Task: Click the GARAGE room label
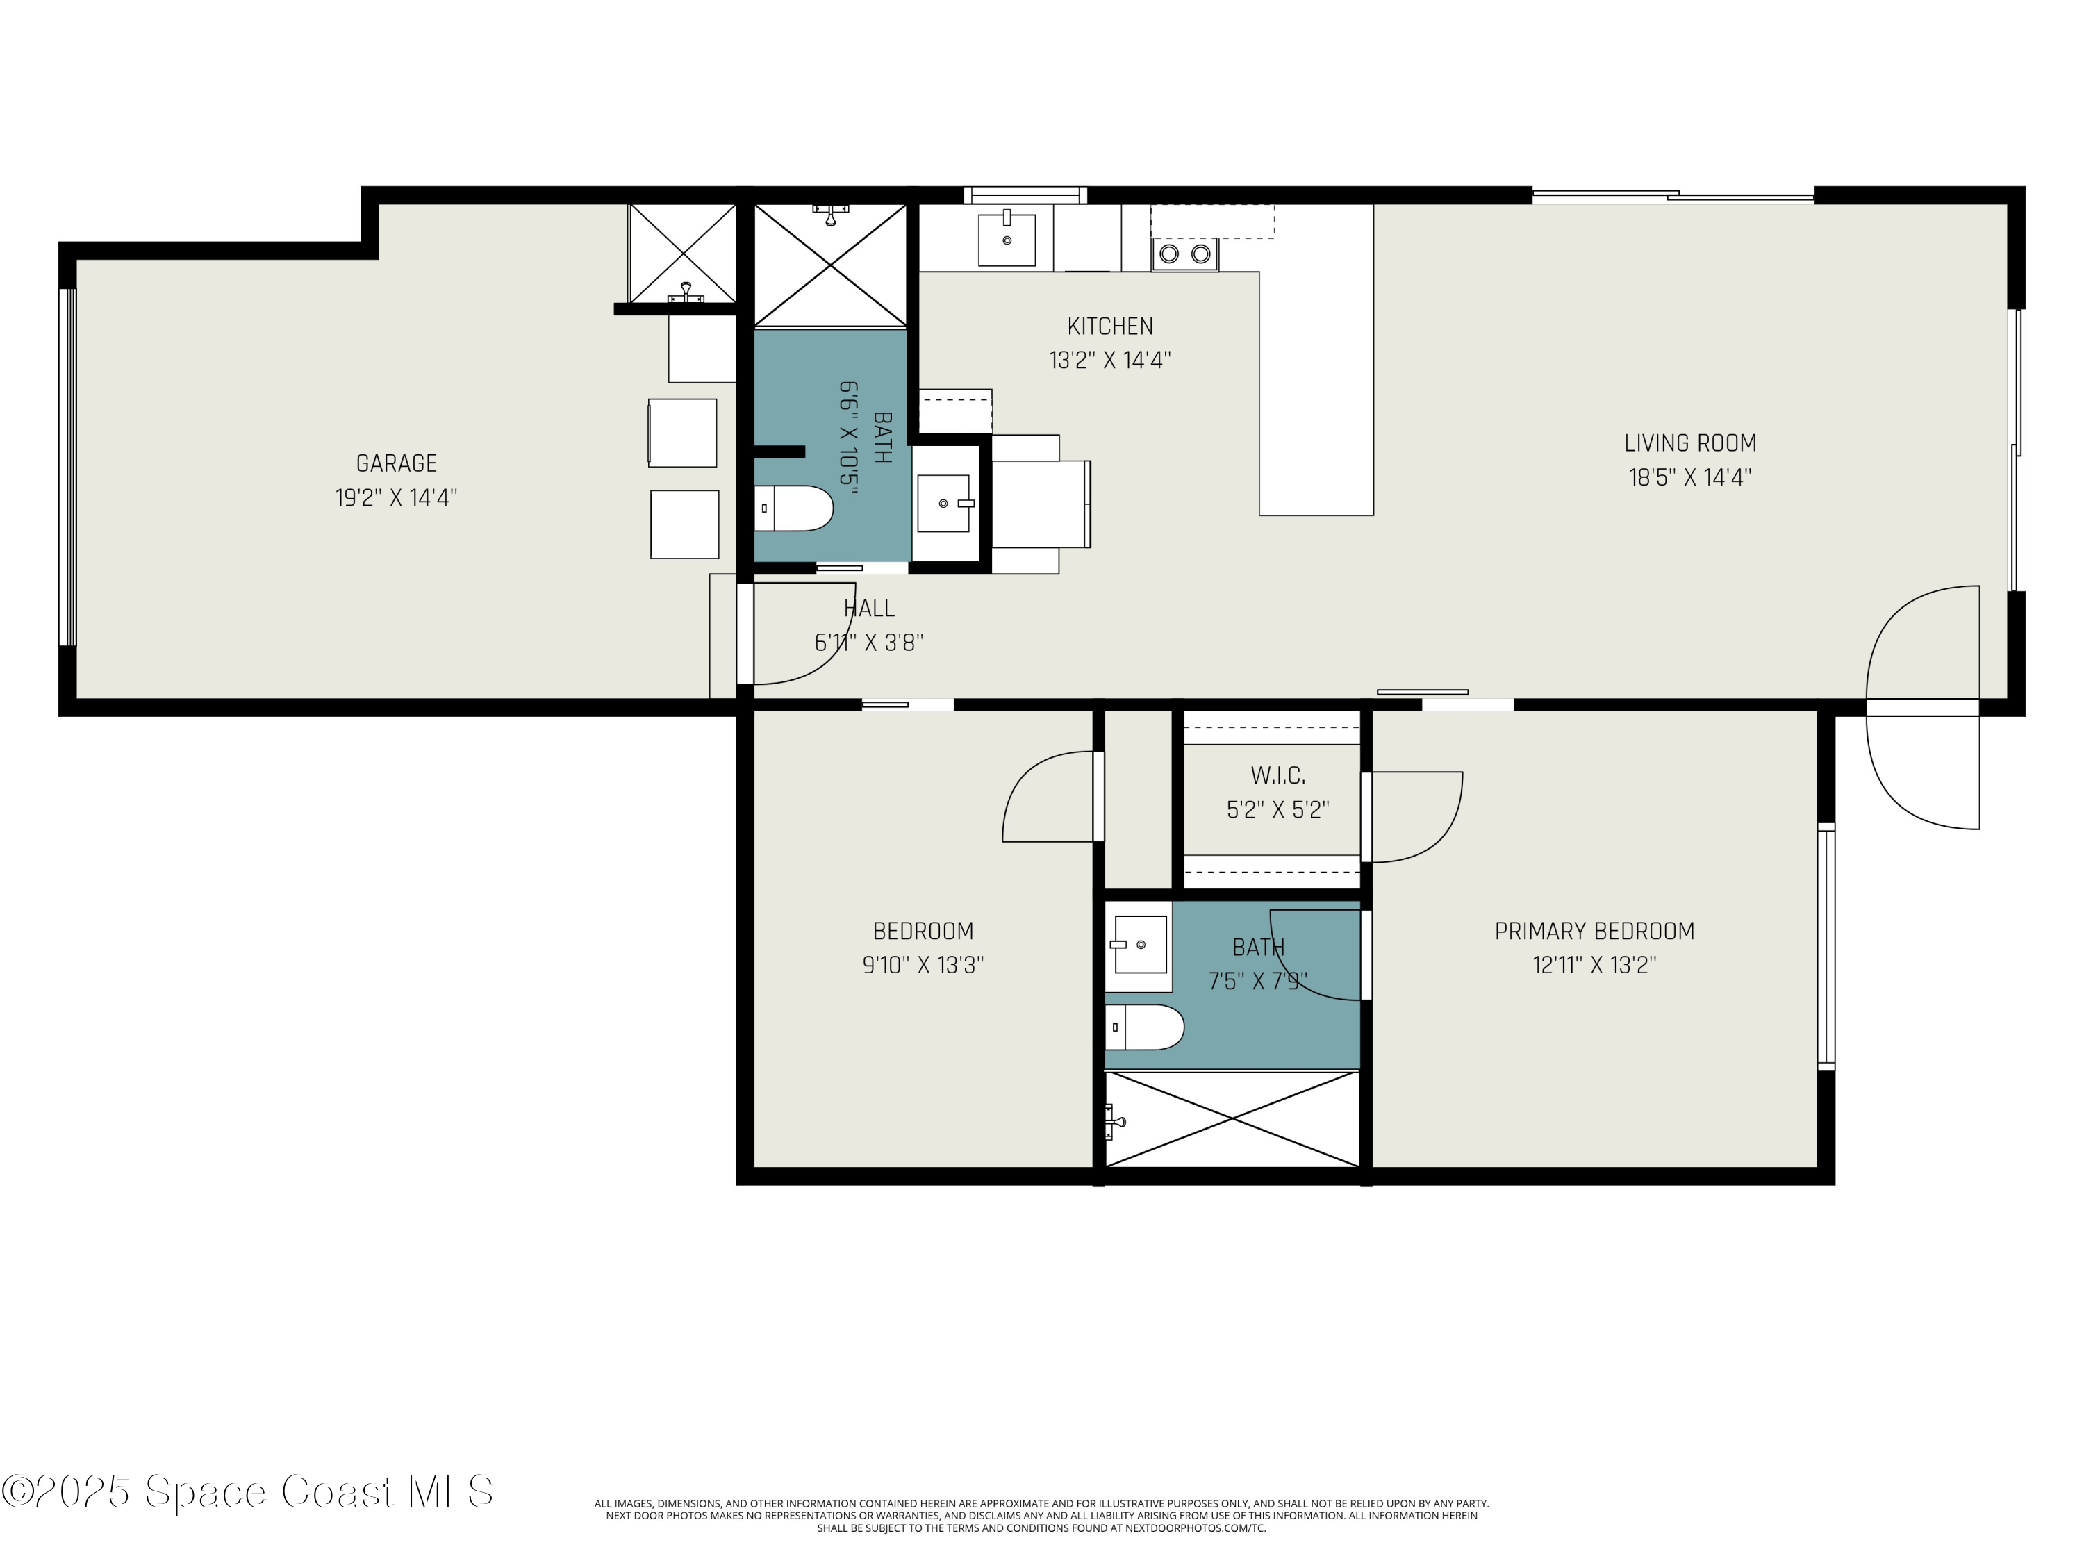click(x=397, y=463)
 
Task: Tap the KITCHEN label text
click(x=1110, y=326)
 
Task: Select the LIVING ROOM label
click(x=1690, y=443)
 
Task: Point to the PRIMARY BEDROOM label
click(x=1594, y=931)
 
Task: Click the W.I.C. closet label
click(x=1277, y=775)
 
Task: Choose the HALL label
click(x=868, y=609)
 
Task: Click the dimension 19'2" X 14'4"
click(x=397, y=497)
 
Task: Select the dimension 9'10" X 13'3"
click(x=923, y=965)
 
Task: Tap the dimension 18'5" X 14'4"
click(x=1690, y=477)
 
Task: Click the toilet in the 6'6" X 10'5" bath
click(x=794, y=508)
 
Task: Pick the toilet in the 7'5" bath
click(x=1143, y=1027)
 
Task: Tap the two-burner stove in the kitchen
click(x=1184, y=254)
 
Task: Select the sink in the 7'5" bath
click(x=1140, y=944)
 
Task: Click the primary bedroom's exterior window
click(x=1826, y=947)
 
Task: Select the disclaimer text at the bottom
click(x=1041, y=1515)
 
